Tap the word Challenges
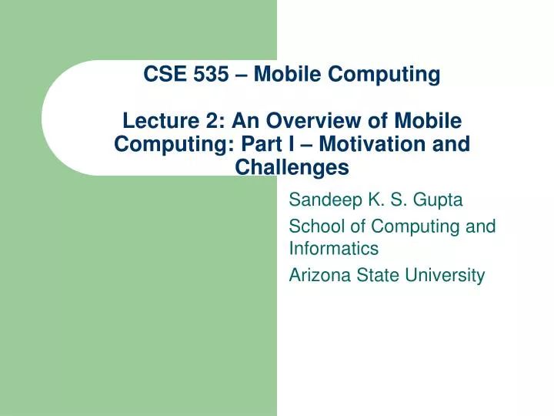[x=292, y=167]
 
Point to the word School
[x=312, y=226]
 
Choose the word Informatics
[x=333, y=249]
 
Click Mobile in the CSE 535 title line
[x=286, y=75]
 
